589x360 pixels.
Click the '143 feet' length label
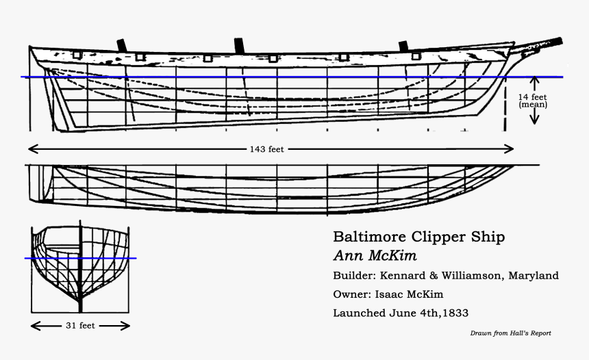click(x=266, y=149)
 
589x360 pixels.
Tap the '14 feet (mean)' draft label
click(x=533, y=101)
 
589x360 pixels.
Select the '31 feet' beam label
click(x=79, y=326)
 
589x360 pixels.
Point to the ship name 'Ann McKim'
click(x=375, y=256)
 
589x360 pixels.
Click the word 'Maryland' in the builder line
click(x=532, y=276)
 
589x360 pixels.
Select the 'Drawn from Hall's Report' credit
click(x=510, y=333)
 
